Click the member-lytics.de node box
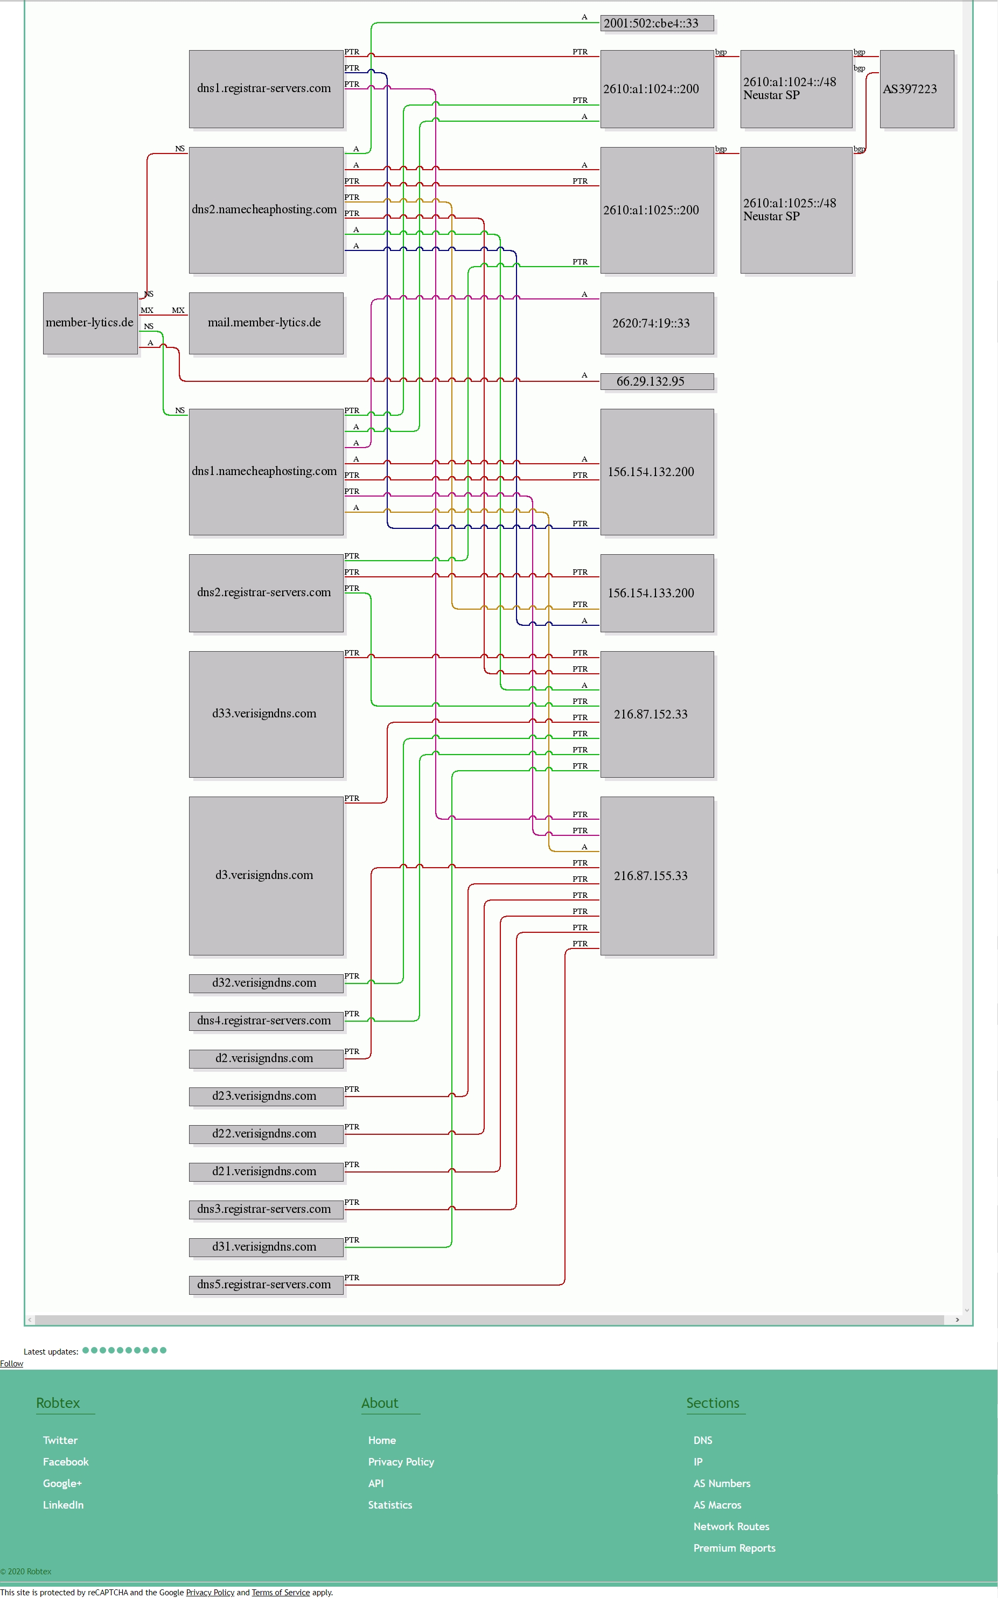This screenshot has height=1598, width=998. (90, 323)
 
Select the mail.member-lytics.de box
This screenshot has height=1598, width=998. (266, 323)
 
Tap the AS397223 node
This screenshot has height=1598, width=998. (917, 89)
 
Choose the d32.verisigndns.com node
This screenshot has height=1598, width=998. (266, 983)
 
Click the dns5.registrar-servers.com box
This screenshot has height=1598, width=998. (266, 1285)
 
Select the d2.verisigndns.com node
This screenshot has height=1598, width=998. (266, 1058)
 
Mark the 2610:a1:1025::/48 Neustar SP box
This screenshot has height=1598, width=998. (796, 210)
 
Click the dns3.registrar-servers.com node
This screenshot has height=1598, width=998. (266, 1209)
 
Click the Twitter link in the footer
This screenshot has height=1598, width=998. (60, 1440)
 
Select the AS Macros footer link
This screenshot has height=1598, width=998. (717, 1505)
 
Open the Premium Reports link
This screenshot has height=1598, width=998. (735, 1548)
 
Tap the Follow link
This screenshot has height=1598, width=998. (11, 1364)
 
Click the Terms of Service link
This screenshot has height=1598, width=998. (281, 1592)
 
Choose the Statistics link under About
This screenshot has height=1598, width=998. (390, 1505)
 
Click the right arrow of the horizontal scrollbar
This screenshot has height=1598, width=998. (957, 1320)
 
